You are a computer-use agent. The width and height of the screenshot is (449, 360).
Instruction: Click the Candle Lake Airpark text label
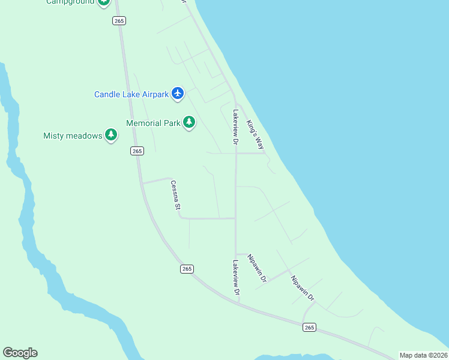tap(131, 94)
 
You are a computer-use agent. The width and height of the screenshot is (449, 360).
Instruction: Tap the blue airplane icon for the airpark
tap(177, 94)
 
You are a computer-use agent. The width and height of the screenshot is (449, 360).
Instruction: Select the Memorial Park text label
tap(153, 123)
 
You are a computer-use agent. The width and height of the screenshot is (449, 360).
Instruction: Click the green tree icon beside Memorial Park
tap(189, 123)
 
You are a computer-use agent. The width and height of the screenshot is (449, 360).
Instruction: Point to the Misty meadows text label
tap(73, 136)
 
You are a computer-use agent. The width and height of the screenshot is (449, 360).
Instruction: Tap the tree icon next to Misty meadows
tap(111, 135)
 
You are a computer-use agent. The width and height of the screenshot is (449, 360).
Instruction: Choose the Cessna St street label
tap(175, 195)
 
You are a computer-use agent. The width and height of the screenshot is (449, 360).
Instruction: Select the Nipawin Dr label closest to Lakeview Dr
tap(257, 268)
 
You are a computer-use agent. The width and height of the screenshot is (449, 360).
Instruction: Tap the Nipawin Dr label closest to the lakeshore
tap(303, 288)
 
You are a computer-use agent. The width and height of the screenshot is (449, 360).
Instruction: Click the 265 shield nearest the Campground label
tap(118, 20)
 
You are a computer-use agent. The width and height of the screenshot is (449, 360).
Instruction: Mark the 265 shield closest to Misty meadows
tap(137, 151)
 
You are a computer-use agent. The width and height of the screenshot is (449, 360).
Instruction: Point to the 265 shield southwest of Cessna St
tap(187, 269)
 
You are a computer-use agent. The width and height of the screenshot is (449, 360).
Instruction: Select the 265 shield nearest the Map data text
tap(309, 327)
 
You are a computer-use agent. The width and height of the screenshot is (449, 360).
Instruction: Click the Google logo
tap(20, 353)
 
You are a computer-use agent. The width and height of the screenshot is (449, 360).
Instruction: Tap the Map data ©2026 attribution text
tap(423, 355)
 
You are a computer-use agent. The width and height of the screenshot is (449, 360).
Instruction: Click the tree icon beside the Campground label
tap(104, 2)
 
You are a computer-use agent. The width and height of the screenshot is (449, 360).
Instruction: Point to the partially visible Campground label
tap(70, 2)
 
